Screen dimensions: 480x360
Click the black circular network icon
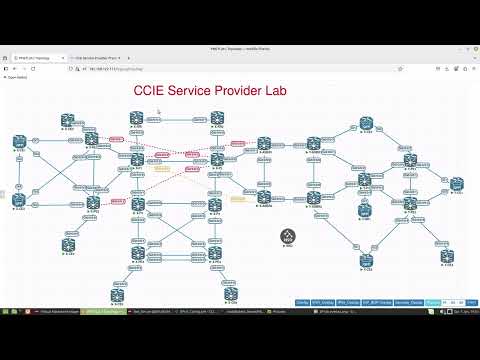click(x=287, y=236)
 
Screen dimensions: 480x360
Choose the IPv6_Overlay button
click(x=347, y=301)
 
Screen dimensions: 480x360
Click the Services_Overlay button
click(x=409, y=301)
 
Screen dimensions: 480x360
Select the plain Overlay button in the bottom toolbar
click(x=302, y=301)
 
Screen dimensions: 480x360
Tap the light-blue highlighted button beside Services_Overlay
click(x=432, y=301)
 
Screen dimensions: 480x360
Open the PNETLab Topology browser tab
click(x=35, y=57)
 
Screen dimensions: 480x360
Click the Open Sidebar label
click(x=19, y=77)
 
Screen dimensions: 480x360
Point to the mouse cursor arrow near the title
click(x=158, y=111)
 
